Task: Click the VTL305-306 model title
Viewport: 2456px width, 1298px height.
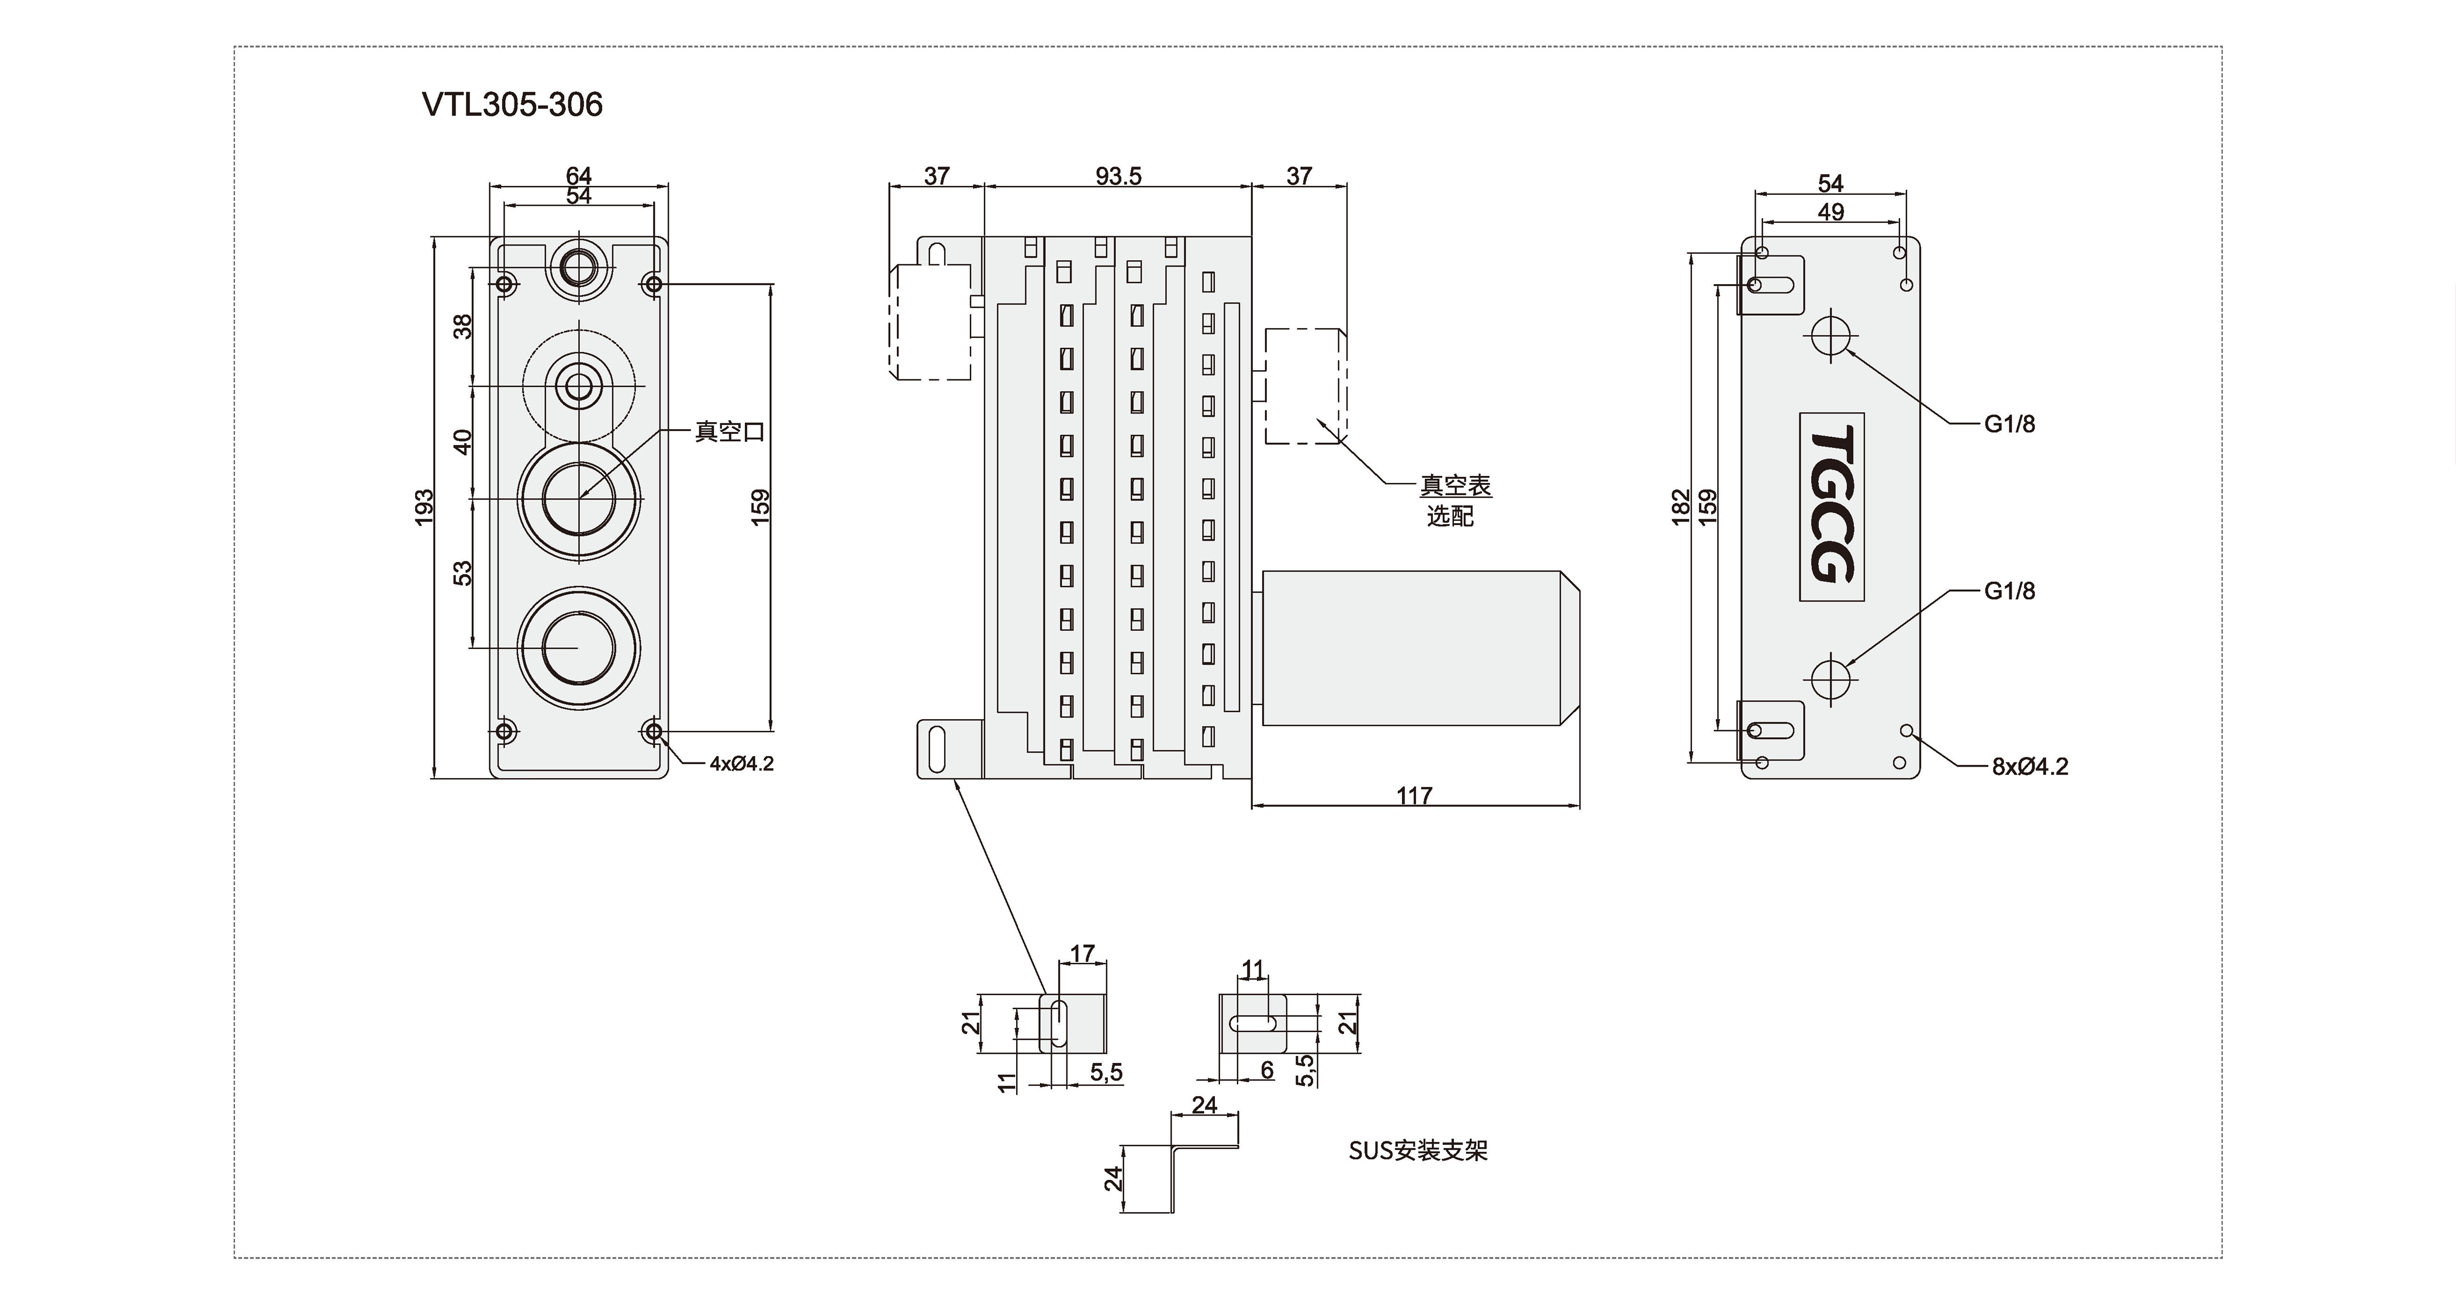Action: pos(512,104)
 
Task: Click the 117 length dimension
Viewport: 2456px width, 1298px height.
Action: pos(1414,795)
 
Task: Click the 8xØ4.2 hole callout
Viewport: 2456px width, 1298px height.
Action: pos(2030,767)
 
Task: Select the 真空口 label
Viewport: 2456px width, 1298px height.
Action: pos(730,432)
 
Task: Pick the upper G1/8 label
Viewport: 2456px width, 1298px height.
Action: pos(2010,424)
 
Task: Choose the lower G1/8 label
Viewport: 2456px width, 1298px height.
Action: pos(2010,591)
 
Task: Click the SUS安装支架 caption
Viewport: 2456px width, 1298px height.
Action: pos(1418,1151)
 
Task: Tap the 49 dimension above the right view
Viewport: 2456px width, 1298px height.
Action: pos(1830,212)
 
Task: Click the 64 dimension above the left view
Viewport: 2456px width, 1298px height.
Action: pos(579,175)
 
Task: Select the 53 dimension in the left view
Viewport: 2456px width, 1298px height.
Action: pos(462,572)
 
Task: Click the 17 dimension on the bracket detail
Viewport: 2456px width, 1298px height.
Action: pos(1082,954)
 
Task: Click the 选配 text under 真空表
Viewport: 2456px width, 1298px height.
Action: pos(1450,516)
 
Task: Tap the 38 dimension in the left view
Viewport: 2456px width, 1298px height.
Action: pos(462,327)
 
